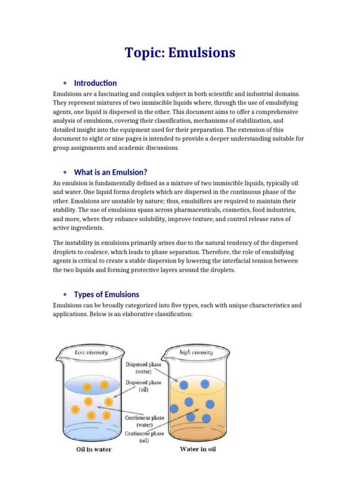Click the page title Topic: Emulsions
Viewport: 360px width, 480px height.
[x=180, y=53]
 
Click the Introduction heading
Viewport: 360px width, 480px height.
[x=95, y=83]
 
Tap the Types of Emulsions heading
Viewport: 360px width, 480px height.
[x=106, y=294]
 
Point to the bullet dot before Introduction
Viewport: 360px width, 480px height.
[x=64, y=83]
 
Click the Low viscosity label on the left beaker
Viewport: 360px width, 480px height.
[x=91, y=352]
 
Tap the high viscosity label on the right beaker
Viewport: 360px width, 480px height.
[x=196, y=352]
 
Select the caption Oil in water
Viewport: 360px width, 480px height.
[x=94, y=450]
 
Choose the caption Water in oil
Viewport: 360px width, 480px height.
[x=198, y=449]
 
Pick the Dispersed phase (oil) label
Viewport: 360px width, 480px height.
[x=143, y=386]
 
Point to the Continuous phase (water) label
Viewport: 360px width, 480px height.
[x=143, y=420]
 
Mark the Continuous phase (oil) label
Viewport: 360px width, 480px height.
[x=144, y=437]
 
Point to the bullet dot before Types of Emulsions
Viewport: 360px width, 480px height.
[x=64, y=295]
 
